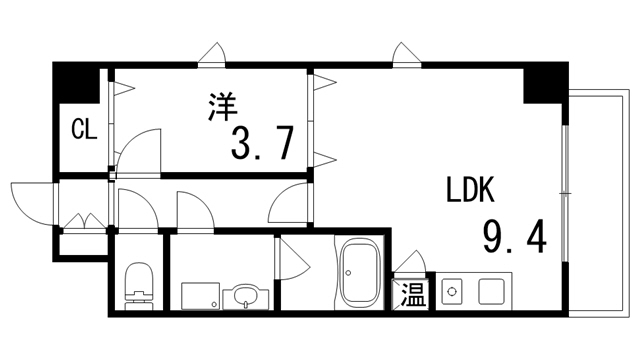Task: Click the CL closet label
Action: pyautogui.click(x=83, y=129)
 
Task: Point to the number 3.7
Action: pyautogui.click(x=262, y=144)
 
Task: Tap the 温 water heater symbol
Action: pyautogui.click(x=412, y=295)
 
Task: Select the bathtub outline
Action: pyautogui.click(x=359, y=276)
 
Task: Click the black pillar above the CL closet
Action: pyautogui.click(x=77, y=82)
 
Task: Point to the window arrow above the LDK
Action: pyautogui.click(x=404, y=53)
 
